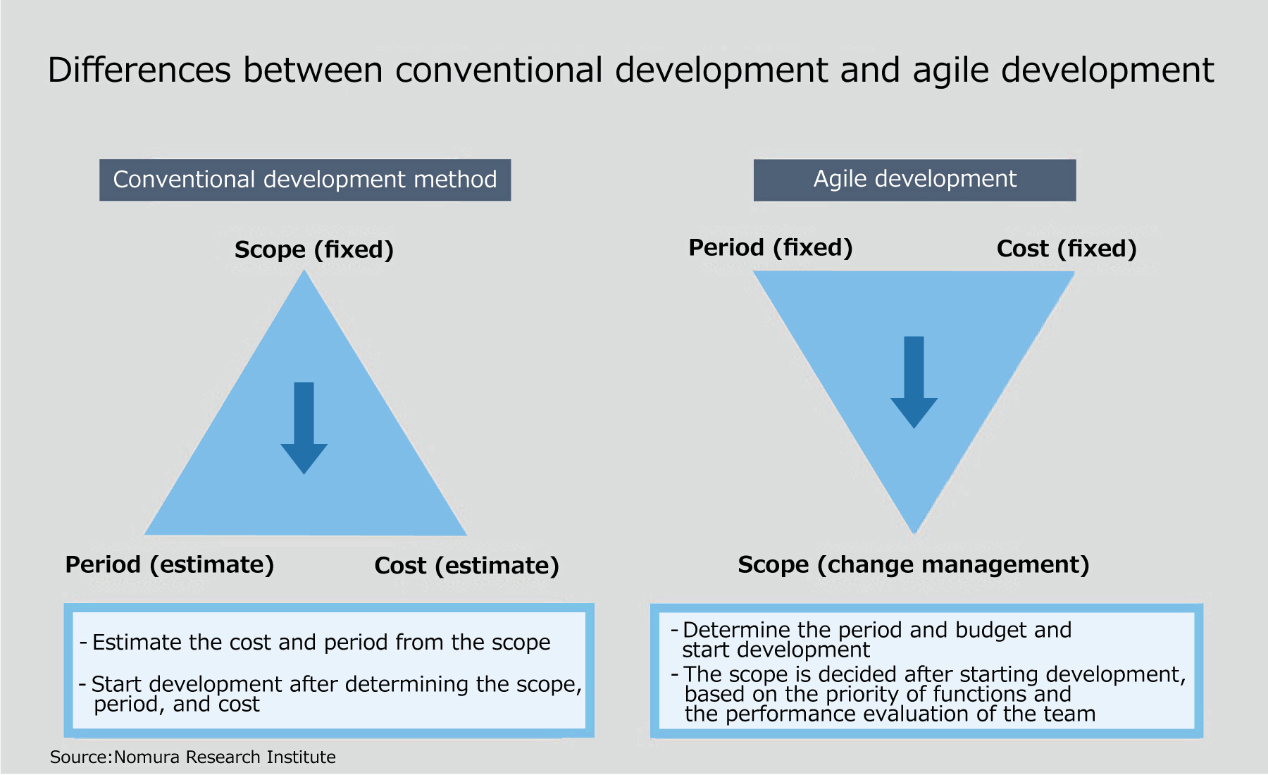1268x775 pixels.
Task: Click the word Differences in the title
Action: coord(139,70)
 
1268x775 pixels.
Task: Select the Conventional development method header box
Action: coord(305,180)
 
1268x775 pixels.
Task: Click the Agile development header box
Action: coord(914,180)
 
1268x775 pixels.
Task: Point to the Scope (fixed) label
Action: coord(314,249)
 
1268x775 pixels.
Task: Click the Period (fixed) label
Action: coord(771,247)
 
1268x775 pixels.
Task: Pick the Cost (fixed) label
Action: coord(1067,248)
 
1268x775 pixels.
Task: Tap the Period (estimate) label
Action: coord(170,564)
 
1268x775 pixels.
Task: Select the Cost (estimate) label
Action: coord(467,565)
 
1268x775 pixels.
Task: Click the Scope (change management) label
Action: coord(914,564)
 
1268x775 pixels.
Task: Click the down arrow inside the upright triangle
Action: coord(304,428)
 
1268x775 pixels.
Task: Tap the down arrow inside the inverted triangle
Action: coord(914,382)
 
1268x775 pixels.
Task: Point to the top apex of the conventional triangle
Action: coord(304,271)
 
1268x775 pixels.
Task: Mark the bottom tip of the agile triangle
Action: coord(914,533)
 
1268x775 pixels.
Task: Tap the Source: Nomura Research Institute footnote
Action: coord(193,757)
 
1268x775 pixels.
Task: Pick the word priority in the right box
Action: coord(863,694)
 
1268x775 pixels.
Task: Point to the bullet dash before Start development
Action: coord(83,684)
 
